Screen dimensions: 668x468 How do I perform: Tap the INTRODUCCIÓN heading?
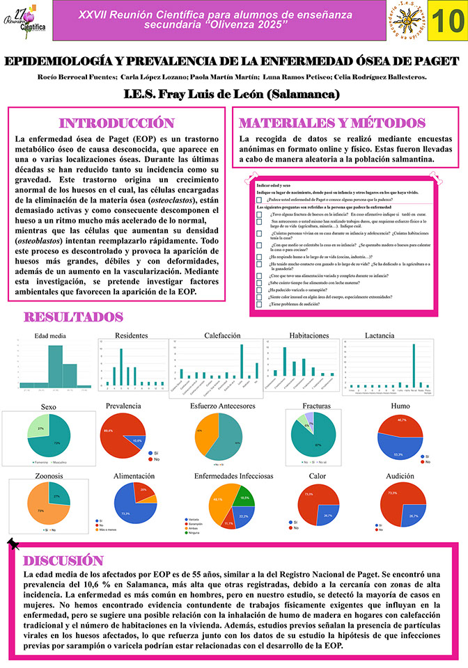point(117,123)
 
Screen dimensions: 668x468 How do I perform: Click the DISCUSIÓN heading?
point(64,561)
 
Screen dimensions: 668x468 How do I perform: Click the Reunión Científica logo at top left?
point(27,22)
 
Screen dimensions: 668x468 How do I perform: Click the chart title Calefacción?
point(222,335)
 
